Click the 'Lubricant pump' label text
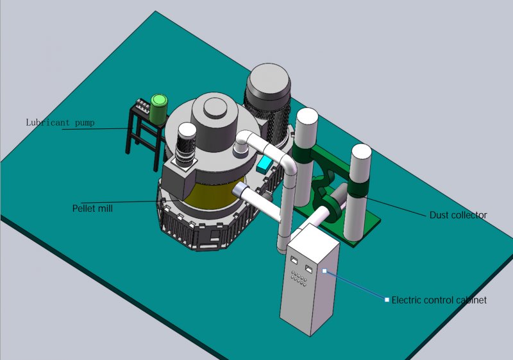[x=60, y=123]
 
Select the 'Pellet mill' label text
[x=92, y=208]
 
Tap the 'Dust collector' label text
[x=458, y=215]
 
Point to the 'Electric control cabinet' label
[x=439, y=300]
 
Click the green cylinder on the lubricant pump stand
[x=158, y=109]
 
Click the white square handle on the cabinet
[x=324, y=271]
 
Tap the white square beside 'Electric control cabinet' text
[x=387, y=300]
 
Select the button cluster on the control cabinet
[x=299, y=279]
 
